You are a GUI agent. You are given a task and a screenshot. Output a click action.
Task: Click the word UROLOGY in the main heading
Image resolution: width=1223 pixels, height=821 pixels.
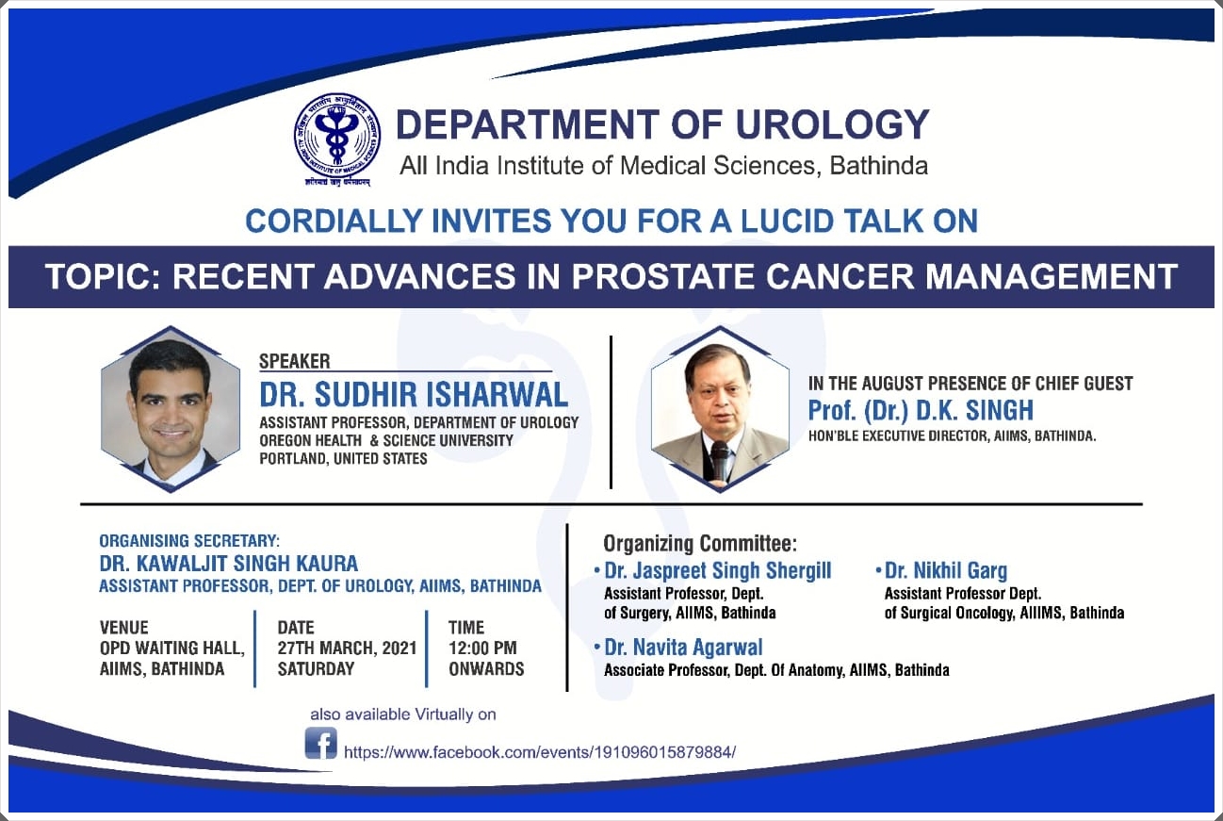point(832,124)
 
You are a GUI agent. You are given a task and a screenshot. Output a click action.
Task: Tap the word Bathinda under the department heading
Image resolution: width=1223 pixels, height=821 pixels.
point(878,166)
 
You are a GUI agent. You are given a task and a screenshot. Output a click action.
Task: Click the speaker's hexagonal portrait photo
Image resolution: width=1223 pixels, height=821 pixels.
point(171,409)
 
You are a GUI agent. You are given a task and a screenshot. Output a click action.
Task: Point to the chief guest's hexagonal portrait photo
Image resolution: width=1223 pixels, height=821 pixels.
point(720,409)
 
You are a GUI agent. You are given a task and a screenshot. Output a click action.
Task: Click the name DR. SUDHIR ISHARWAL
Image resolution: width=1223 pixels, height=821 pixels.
point(414,394)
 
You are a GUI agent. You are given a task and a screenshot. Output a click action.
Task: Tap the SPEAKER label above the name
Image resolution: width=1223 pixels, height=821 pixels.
point(294,361)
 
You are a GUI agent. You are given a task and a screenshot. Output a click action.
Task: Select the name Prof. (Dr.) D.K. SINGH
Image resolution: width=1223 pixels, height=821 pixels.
point(921,410)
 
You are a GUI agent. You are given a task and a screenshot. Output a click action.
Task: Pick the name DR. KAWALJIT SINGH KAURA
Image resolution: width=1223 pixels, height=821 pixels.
point(229,563)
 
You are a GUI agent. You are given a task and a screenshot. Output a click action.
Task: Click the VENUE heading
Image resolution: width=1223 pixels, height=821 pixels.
point(124,627)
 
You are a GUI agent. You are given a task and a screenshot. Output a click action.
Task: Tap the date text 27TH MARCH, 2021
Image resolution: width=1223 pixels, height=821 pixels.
point(348,648)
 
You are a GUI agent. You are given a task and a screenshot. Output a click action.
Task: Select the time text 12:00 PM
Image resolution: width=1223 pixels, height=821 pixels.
point(482,648)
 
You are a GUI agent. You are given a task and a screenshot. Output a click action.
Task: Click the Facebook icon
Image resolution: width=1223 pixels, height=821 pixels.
point(320,743)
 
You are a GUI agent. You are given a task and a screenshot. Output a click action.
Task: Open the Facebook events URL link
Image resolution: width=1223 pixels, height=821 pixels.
point(540,752)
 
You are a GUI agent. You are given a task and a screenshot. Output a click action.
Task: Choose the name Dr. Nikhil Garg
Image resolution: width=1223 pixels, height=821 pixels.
point(946,570)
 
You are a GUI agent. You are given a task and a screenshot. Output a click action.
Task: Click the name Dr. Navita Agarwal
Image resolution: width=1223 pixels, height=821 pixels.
point(683,648)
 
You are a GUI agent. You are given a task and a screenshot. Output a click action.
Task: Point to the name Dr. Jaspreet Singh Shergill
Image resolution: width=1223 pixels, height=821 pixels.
point(717,570)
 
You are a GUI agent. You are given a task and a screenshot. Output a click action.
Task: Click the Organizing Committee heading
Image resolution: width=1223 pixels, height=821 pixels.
point(700,544)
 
